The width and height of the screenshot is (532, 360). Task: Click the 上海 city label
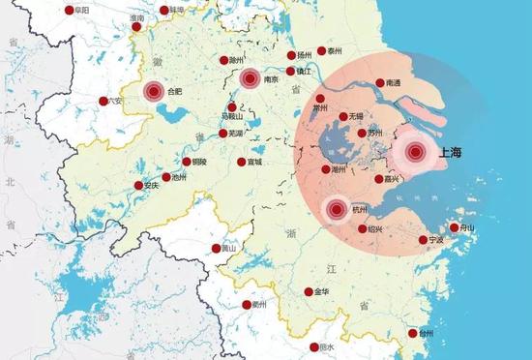(451, 152)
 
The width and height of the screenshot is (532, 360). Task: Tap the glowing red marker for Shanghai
(416, 152)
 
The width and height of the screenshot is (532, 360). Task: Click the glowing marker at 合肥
(154, 91)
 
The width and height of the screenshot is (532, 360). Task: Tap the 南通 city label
(397, 83)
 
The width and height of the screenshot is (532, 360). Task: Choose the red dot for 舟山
(455, 227)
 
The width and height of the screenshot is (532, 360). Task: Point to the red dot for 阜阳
(69, 11)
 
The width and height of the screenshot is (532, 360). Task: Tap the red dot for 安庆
(136, 186)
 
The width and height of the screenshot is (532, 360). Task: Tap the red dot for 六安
(103, 101)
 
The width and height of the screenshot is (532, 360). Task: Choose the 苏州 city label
(375, 134)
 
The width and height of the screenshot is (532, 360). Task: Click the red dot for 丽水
(314, 347)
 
